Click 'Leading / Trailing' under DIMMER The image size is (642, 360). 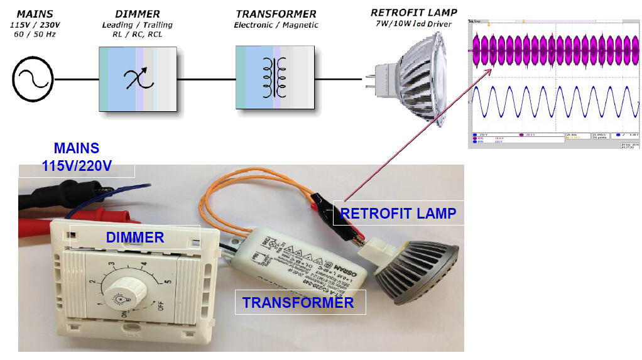[138, 25]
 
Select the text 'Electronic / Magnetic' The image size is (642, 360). [276, 25]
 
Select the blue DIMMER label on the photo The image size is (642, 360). [134, 237]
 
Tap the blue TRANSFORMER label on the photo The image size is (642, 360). [298, 303]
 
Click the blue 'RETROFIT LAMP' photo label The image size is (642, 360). [398, 214]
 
